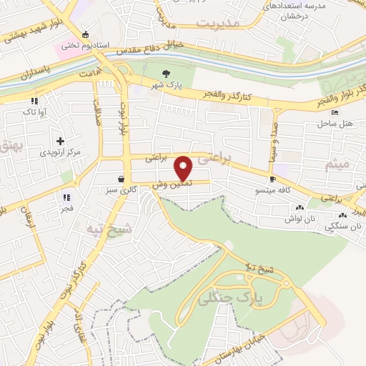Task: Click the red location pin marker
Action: coord(184,167)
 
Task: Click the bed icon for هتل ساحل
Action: coord(334,112)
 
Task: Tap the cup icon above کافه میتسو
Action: coord(272,179)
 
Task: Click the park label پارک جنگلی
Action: coord(257,294)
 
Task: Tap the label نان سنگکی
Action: coord(340,227)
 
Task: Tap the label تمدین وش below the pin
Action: coord(168,185)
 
